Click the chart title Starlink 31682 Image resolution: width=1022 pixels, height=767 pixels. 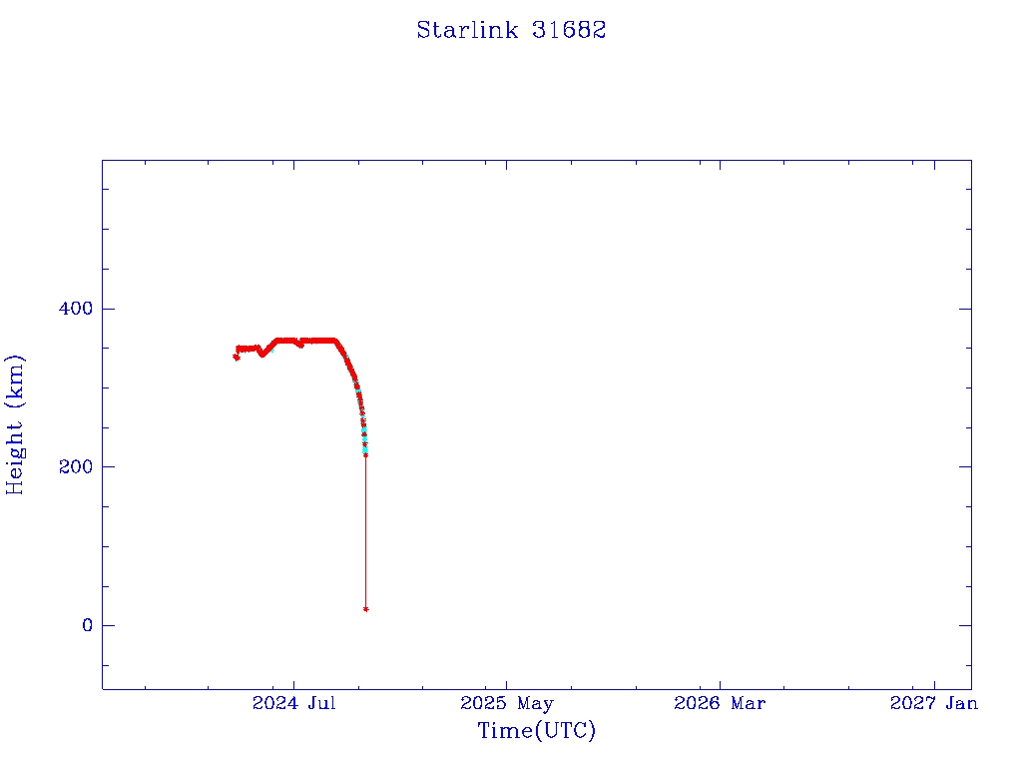tap(511, 30)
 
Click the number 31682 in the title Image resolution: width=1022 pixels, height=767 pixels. tap(569, 30)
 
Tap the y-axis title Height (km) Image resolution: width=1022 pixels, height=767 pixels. tap(15, 424)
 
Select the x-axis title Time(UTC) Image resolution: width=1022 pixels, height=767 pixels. tap(536, 730)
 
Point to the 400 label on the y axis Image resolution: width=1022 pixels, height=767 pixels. tap(76, 308)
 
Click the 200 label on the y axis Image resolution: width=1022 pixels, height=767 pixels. tap(76, 467)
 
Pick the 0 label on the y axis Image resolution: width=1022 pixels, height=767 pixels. tap(88, 625)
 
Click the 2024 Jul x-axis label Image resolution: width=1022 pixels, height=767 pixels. tap(294, 703)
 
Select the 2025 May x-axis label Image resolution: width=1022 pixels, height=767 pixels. tap(506, 703)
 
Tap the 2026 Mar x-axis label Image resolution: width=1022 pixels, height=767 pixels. tap(720, 703)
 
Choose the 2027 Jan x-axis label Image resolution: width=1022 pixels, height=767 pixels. tap(934, 703)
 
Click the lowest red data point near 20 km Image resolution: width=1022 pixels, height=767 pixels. tap(365, 609)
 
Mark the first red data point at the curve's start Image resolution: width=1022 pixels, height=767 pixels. tap(236, 357)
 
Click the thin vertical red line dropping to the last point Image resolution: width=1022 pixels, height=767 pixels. tap(365, 532)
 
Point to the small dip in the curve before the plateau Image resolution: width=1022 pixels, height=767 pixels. tap(262, 355)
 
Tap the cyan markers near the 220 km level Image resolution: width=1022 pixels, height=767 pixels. tap(365, 449)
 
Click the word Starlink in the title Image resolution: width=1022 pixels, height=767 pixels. tap(467, 30)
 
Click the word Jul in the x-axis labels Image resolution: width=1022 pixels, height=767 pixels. tap(322, 703)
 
